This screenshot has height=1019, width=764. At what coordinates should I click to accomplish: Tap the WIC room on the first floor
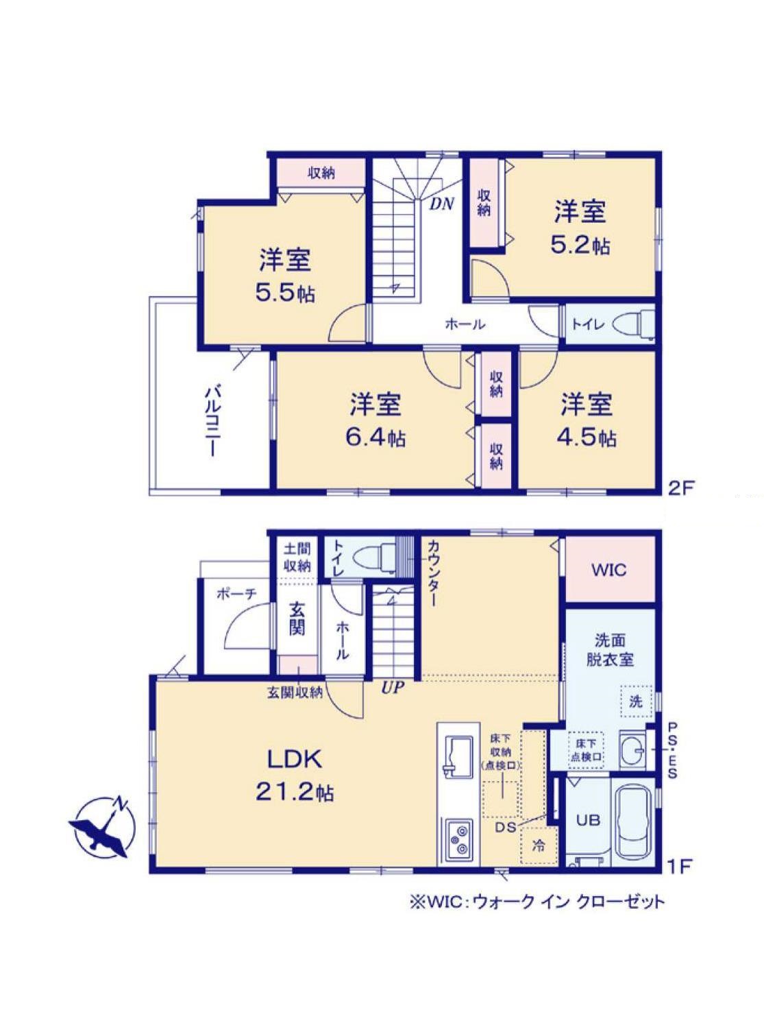(610, 569)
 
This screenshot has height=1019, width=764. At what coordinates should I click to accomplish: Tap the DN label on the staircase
(441, 204)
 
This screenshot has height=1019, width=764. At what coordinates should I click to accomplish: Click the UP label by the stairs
(393, 688)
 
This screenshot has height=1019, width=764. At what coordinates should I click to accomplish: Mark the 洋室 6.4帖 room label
(375, 420)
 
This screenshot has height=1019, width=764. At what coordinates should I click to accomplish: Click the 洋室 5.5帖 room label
(285, 275)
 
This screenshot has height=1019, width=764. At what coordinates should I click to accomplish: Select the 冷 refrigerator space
(539, 846)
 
